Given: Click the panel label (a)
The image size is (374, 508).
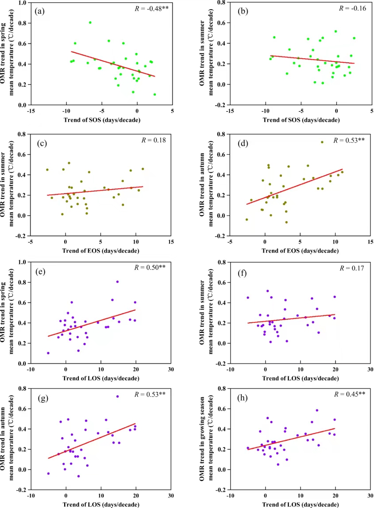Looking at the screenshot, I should [40, 11].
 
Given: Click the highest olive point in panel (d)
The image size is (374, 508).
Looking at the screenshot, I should [322, 142].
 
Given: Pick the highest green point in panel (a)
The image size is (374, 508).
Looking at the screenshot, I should [90, 23].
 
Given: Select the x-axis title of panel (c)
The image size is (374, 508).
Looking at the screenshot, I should [101, 251].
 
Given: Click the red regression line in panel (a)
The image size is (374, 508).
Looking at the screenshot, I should [102, 64].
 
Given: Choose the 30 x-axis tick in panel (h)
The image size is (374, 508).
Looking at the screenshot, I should [370, 496].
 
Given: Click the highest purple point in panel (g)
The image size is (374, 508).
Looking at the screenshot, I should [117, 396].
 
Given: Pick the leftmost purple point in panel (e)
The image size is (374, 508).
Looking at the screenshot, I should [48, 353].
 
